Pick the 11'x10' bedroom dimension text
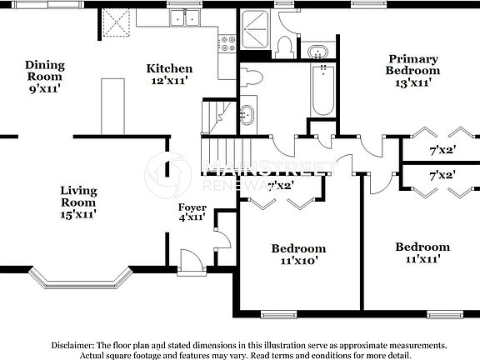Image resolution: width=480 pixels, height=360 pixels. coord(297,261)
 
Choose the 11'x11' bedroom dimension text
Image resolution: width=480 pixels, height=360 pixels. coord(422,259)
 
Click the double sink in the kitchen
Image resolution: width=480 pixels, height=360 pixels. coord(184,17)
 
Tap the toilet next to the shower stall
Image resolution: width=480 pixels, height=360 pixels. coord(283,46)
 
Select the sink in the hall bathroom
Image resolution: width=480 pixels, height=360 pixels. coord(247,115)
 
